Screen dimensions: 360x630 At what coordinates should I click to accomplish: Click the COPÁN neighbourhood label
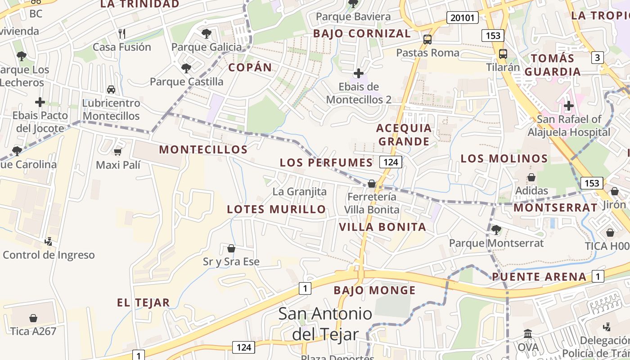[x=250, y=67]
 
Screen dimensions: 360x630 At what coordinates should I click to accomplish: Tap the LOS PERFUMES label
[x=326, y=162]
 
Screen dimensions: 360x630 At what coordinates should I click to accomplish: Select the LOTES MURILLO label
[x=276, y=209]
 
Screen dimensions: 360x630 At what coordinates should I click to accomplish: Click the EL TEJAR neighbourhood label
[x=144, y=303]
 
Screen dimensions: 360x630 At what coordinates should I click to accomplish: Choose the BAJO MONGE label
[x=374, y=291]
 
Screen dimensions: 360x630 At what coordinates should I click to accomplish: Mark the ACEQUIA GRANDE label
[x=404, y=135]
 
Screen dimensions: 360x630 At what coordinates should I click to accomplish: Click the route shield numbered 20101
[x=463, y=18]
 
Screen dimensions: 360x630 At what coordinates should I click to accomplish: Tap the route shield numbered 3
[x=598, y=57]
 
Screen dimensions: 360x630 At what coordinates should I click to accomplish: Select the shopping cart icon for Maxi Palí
[x=118, y=152]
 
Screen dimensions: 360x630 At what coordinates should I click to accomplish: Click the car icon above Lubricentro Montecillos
[x=111, y=90]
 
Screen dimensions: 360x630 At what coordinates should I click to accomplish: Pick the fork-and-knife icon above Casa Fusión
[x=121, y=33]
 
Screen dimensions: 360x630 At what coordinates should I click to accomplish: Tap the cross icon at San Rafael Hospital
[x=569, y=106]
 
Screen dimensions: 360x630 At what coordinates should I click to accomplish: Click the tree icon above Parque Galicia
[x=207, y=33]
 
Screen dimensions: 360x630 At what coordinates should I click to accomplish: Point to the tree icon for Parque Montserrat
[x=496, y=230]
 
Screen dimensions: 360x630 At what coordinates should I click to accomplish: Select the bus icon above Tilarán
[x=503, y=54]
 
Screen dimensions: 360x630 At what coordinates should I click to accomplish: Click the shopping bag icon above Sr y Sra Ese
[x=231, y=248]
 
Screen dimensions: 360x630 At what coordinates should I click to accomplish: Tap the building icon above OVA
[x=528, y=334]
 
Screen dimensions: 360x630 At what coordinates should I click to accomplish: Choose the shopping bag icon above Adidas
[x=531, y=177]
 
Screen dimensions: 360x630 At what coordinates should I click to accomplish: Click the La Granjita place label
[x=300, y=192]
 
